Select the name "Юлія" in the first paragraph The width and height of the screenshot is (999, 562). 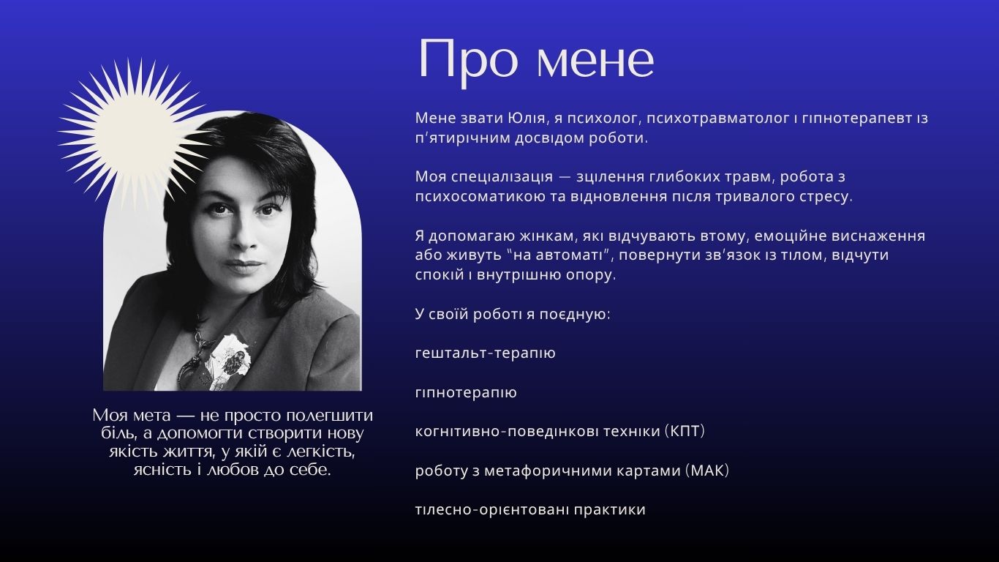click(x=527, y=119)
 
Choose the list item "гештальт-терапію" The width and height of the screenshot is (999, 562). click(x=485, y=354)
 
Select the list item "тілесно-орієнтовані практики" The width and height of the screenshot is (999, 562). click(x=530, y=510)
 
